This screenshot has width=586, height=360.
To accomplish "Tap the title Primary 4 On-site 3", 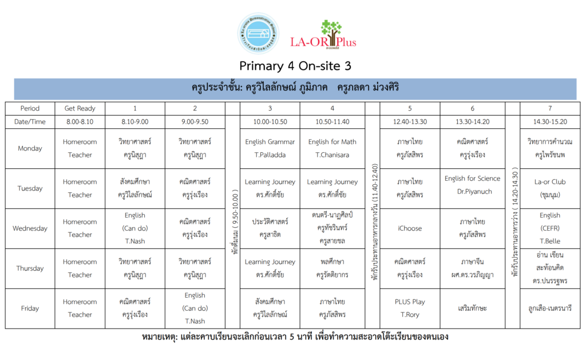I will pos(295,66).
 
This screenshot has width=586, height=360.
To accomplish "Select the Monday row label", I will pos(30,148).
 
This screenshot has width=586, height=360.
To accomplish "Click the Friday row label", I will pos(30,308).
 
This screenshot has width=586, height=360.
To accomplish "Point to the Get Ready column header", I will pos(80,108).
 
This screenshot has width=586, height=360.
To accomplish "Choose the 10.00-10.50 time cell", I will pos(270,121).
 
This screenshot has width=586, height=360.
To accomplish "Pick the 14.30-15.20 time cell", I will pos(549,121).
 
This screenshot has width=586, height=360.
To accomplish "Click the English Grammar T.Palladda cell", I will pos(270,148).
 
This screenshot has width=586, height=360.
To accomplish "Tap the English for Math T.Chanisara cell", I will pos(332,148).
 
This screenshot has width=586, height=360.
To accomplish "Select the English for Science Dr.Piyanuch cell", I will pos(472,185).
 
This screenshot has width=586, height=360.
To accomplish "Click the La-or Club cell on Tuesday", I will pos(549,188).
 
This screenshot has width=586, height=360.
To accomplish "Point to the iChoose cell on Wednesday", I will pos(410,228).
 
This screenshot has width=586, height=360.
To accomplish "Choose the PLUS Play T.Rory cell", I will pos(410,308).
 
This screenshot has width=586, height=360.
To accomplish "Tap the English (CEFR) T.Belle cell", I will pos(549,228).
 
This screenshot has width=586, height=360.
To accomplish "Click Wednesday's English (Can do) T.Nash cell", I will pos(134,228).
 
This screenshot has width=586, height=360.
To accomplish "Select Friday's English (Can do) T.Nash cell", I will pos(195,308).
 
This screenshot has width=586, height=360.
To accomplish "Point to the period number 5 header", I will pos(410,108).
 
